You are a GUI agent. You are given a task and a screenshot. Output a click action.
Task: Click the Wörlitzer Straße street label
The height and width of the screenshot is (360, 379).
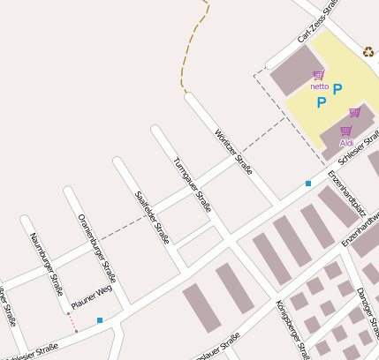point(234,152)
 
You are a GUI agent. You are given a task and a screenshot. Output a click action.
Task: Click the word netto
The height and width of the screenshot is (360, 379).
point(320,86)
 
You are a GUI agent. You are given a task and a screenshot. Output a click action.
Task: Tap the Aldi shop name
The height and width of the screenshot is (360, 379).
point(346,142)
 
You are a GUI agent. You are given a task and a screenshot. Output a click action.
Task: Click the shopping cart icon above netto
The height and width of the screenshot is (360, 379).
point(318,75)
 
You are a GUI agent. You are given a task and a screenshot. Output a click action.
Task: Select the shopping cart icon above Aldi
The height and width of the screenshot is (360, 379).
point(345,131)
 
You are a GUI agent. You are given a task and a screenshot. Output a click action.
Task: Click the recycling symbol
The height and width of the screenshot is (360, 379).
point(368,51)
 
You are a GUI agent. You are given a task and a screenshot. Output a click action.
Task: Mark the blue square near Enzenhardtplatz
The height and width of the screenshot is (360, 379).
point(308,183)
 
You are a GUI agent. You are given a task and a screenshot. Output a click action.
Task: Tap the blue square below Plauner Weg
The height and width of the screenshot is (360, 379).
point(100,319)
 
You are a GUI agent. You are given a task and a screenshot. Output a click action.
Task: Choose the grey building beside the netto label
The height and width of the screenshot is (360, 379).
point(292,75)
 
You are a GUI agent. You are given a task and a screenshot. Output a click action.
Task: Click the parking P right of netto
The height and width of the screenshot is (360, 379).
point(337,88)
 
